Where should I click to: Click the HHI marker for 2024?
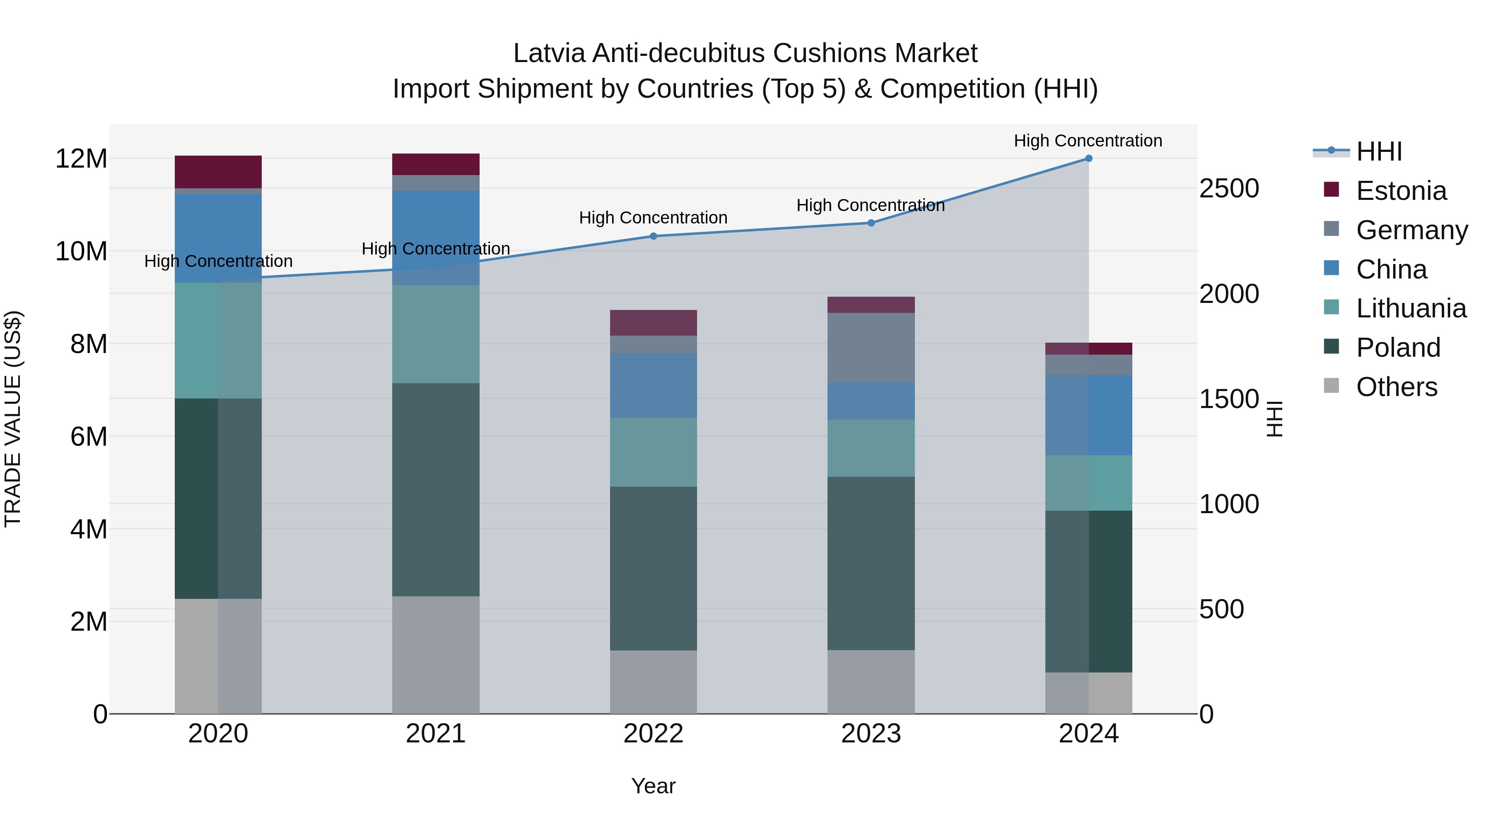tap(1088, 158)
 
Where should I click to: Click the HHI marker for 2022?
tap(654, 236)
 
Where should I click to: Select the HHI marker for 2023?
tap(871, 223)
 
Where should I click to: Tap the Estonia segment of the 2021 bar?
tap(436, 164)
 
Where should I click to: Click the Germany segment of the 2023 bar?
tap(871, 348)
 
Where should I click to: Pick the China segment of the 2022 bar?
tap(654, 386)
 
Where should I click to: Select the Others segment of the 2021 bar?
tap(436, 655)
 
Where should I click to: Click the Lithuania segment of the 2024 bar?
tap(1088, 483)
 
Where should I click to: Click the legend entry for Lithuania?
tap(1411, 308)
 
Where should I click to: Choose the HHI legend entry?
tap(1379, 151)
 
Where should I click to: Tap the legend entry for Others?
tap(1396, 387)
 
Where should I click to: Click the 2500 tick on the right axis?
tap(1228, 189)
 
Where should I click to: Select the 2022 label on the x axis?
tap(654, 734)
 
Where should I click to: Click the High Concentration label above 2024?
tap(1088, 141)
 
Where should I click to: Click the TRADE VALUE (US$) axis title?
tap(13, 419)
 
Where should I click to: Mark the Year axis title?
tap(654, 786)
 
